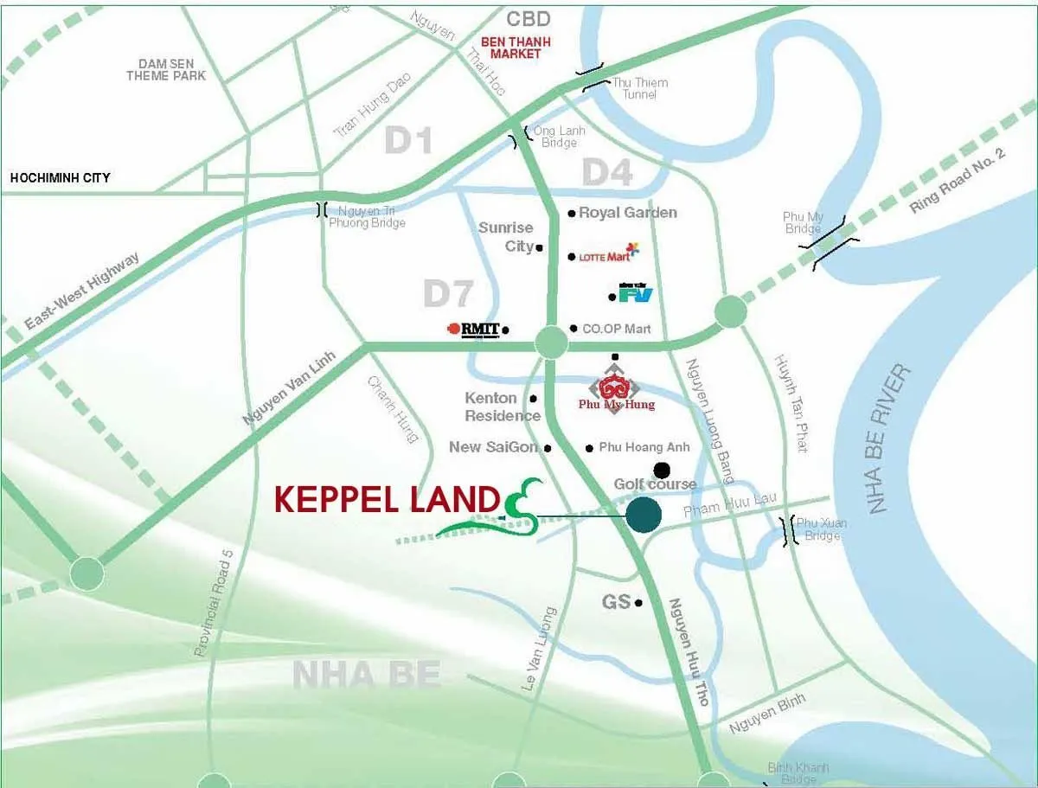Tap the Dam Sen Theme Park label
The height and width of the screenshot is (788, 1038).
pos(166,69)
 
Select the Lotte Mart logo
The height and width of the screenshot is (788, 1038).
pos(609,254)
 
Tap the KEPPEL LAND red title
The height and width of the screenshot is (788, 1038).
pos(387,500)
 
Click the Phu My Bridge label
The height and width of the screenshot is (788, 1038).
pos(803,222)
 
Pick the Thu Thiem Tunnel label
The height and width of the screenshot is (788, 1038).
pos(639,87)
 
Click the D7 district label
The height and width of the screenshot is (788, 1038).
pos(449,294)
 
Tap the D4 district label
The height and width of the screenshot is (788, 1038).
pos(606,173)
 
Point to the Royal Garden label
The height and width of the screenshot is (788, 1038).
pos(628,213)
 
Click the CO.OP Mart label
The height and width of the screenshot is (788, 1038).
pos(617,329)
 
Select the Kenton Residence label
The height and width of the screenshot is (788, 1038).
pos(503,407)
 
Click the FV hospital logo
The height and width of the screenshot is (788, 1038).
pos(636,294)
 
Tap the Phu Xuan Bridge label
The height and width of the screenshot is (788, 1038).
pos(821,529)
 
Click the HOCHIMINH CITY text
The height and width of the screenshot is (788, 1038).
pos(60,177)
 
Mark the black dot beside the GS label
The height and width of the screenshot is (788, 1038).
pos(638,603)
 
